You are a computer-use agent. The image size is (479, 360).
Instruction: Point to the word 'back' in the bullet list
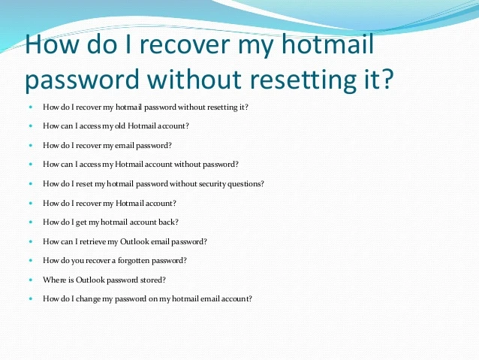167,222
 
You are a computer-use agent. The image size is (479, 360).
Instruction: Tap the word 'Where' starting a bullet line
53,280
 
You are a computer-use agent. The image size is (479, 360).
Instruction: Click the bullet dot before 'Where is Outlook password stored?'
31,280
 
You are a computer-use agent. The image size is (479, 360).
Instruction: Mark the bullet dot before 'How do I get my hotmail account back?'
31,222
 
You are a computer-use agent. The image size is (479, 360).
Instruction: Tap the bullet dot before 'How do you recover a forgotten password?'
31,260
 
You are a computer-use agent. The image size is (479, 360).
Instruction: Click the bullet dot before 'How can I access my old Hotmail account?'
31,126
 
